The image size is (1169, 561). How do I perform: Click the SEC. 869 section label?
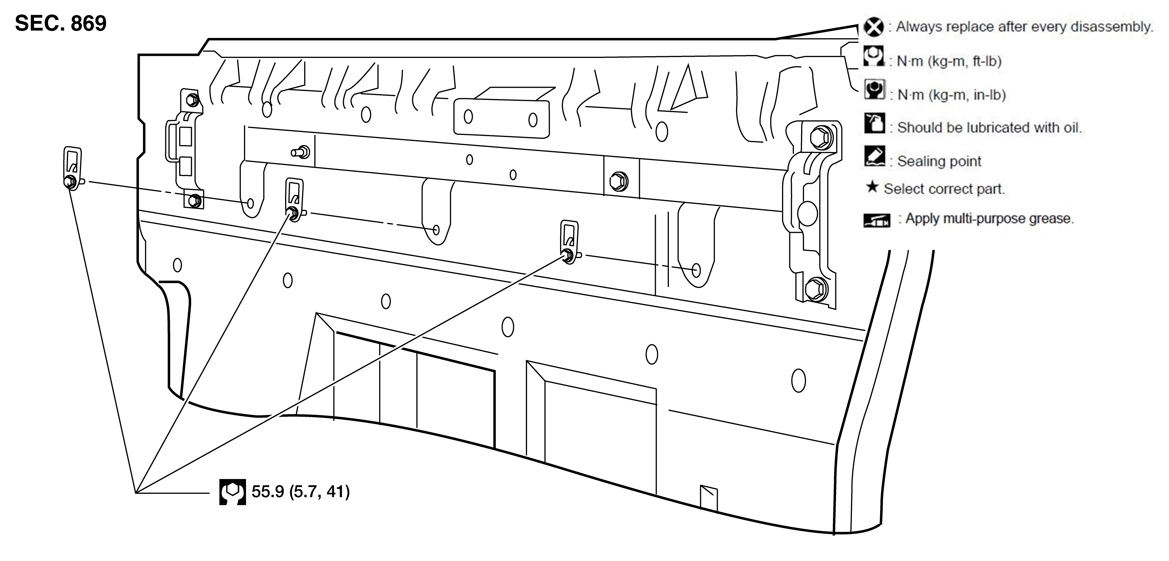pyautogui.click(x=61, y=23)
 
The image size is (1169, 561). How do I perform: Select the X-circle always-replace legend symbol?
pyautogui.click(x=873, y=27)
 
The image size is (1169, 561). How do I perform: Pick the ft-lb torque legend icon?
pyautogui.click(x=873, y=56)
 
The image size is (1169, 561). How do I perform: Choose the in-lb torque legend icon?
pyautogui.click(x=874, y=89)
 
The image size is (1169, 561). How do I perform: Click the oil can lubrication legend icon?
pyautogui.click(x=874, y=123)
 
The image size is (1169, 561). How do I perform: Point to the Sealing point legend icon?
pyautogui.click(x=874, y=156)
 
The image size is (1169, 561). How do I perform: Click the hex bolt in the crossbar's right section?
pyautogui.click(x=619, y=181)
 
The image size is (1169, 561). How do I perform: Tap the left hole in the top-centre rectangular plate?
pyautogui.click(x=468, y=117)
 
